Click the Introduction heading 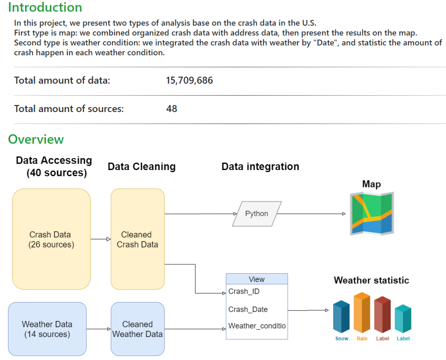click(x=45, y=8)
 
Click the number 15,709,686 click(x=189, y=81)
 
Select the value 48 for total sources click(x=172, y=108)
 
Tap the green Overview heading click(x=36, y=139)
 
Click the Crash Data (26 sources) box click(x=51, y=239)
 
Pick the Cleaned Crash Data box click(x=137, y=239)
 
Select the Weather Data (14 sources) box click(x=47, y=329)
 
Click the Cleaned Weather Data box click(x=137, y=329)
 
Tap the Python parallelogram click(x=257, y=213)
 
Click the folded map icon click(x=372, y=213)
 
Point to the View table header click(x=257, y=279)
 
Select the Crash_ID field click(x=244, y=291)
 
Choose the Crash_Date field click(x=248, y=309)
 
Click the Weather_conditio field click(x=257, y=326)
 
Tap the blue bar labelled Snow click(x=342, y=317)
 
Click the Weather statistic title click(x=371, y=280)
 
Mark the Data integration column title click(x=260, y=166)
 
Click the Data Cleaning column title click(x=142, y=166)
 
